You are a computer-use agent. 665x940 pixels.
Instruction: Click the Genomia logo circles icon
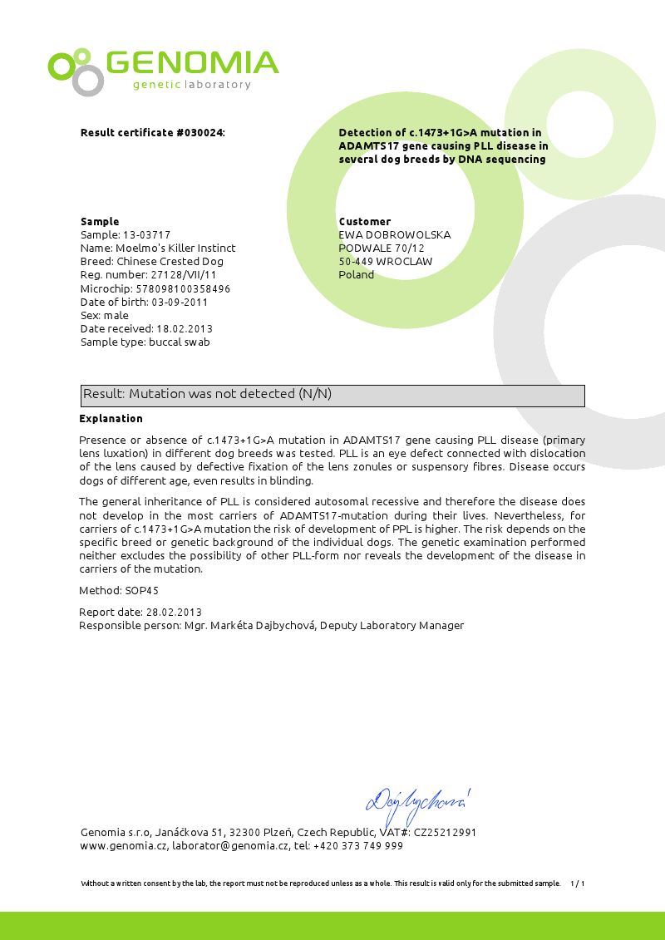(75, 71)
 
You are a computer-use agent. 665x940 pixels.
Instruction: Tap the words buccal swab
(180, 342)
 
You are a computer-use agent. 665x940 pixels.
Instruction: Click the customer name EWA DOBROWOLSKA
(395, 235)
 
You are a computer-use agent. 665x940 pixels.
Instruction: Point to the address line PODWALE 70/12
(382, 249)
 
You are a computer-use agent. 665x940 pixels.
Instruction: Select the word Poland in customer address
(357, 275)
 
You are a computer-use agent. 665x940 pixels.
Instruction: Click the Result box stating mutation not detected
(332, 395)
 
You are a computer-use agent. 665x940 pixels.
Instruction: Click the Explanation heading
(111, 419)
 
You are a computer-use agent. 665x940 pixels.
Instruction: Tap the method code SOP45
(142, 591)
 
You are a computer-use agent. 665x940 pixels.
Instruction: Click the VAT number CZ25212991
(446, 833)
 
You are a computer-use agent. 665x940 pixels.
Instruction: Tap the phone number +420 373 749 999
(359, 846)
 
